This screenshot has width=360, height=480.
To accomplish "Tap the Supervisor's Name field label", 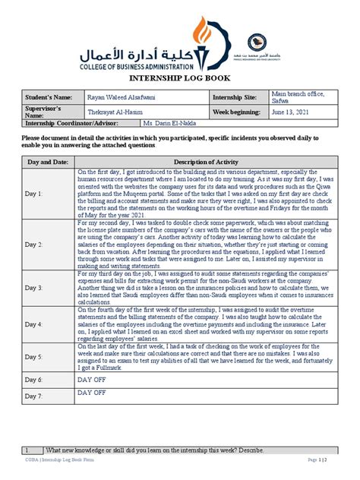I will (45, 112).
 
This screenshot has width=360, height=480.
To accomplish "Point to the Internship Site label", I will (238, 98).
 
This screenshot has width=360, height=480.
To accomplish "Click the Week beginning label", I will (241, 112).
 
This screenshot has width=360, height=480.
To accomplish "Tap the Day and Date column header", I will (49, 163).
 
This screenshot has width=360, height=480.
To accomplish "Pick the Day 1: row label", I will (35, 194).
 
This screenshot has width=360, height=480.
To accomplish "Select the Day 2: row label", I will (35, 245).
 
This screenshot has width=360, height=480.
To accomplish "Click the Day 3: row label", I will (35, 289).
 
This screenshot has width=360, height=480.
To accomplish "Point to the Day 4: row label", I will (35, 323).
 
